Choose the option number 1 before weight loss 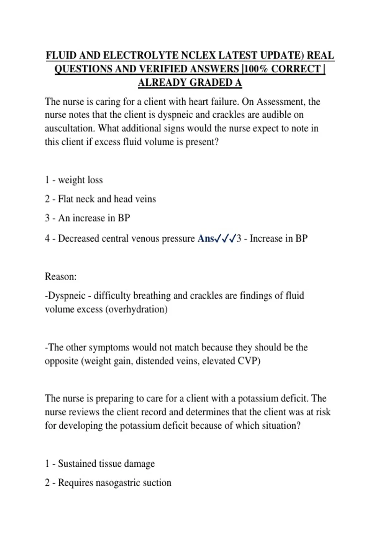pyautogui.click(x=47, y=180)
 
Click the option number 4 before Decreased pyautogui.click(x=47, y=238)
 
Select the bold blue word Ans pyautogui.click(x=206, y=238)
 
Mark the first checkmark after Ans pyautogui.click(x=218, y=239)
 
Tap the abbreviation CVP pyautogui.click(x=249, y=361)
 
